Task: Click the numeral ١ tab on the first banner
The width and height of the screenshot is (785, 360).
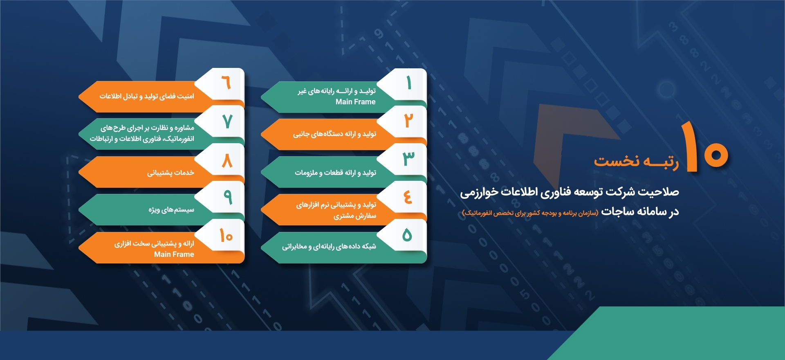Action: [x=408, y=83]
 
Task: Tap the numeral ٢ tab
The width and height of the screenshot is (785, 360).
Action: [x=408, y=121]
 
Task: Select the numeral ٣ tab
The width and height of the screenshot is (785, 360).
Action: [x=408, y=159]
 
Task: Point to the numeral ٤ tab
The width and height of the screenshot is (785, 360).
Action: [x=408, y=197]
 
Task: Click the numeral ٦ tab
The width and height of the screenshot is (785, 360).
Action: [x=226, y=83]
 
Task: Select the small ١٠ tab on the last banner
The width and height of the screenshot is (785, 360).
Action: [x=226, y=235]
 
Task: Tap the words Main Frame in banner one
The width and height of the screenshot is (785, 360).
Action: [x=355, y=102]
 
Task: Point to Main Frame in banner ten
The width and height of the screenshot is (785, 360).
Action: [x=174, y=254]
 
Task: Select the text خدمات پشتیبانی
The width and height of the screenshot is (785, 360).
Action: [x=170, y=173]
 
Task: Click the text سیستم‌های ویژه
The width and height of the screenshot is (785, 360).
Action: [x=171, y=210]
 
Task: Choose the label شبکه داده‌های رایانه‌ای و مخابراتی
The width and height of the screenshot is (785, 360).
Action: [x=329, y=246]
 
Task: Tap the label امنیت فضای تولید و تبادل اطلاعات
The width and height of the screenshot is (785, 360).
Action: [x=147, y=96]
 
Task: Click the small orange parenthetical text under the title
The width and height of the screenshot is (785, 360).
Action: [x=530, y=213]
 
